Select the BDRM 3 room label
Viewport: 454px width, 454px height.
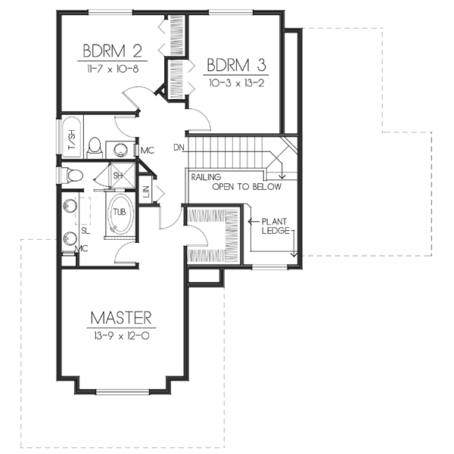[x=235, y=64]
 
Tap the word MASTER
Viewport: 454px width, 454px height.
[x=122, y=316]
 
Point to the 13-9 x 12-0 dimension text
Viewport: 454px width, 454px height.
[x=122, y=333]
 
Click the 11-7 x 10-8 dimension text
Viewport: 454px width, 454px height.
[x=113, y=68]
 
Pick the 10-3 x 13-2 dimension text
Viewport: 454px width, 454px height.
[x=235, y=82]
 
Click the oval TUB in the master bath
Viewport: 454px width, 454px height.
[x=121, y=212]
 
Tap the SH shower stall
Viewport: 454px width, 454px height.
[x=119, y=175]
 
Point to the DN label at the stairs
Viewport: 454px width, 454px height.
[x=179, y=147]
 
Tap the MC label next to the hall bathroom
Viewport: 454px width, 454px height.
[x=147, y=151]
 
